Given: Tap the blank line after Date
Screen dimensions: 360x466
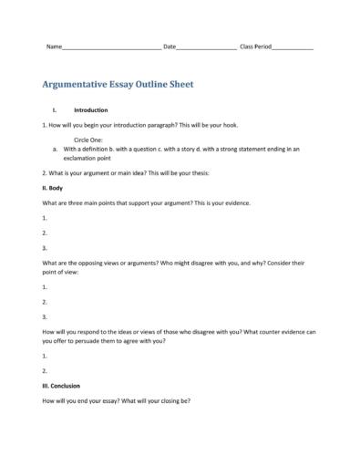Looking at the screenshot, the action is (205, 47).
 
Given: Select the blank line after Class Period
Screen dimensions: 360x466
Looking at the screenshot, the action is (293, 47).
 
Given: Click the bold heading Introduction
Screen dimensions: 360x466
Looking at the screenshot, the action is (90, 109).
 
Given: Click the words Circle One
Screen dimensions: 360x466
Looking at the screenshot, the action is (88, 139).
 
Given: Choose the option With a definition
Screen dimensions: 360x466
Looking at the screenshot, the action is (87, 148).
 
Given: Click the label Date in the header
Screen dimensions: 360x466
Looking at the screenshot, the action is (169, 47).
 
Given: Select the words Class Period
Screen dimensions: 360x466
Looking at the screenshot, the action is (255, 47).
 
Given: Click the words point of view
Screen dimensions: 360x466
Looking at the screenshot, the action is (64, 271).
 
